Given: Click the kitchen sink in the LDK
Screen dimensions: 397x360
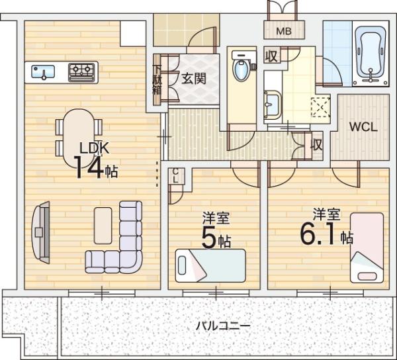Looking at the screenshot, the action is [x=43, y=72].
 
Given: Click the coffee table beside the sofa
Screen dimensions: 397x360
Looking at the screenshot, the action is [x=103, y=226].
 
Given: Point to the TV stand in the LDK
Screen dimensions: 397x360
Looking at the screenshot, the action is [x=41, y=233].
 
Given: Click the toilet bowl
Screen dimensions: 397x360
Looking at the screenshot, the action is [x=242, y=69].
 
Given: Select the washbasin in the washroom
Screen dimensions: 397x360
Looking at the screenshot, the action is [x=272, y=105].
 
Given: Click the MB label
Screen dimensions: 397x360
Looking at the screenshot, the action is [x=284, y=31].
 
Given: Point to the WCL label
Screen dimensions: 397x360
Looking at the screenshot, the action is [x=363, y=127].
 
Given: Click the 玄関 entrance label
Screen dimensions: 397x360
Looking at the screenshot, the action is [x=194, y=79].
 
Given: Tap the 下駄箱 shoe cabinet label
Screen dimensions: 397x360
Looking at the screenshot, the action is [x=157, y=79].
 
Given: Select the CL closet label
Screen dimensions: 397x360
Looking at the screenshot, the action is [x=175, y=176].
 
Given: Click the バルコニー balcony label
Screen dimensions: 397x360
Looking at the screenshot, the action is [x=224, y=326].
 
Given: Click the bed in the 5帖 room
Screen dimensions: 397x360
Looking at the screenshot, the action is [x=210, y=265].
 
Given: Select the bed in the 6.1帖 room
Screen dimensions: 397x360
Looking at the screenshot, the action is [x=367, y=248].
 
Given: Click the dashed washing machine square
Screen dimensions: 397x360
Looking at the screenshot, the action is [x=320, y=107].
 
